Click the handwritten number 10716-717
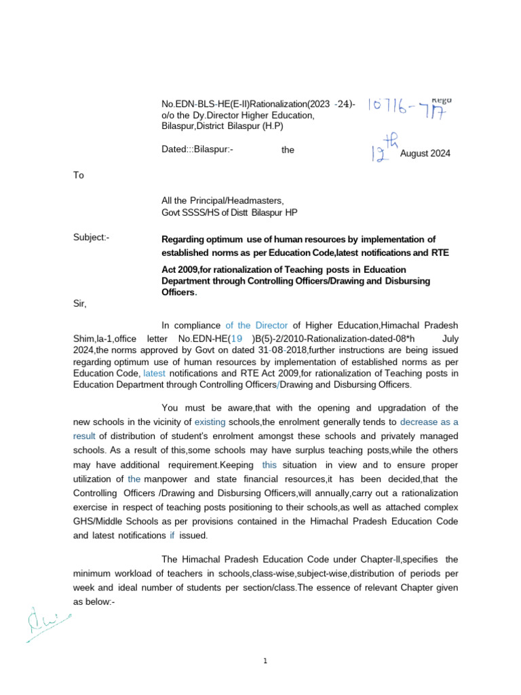pos(409,107)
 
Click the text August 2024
pos(425,154)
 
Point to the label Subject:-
pos(92,238)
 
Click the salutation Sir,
pos(79,303)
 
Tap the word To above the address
pos(79,175)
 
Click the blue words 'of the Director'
pos(256,326)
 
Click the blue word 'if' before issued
pos(172,535)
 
